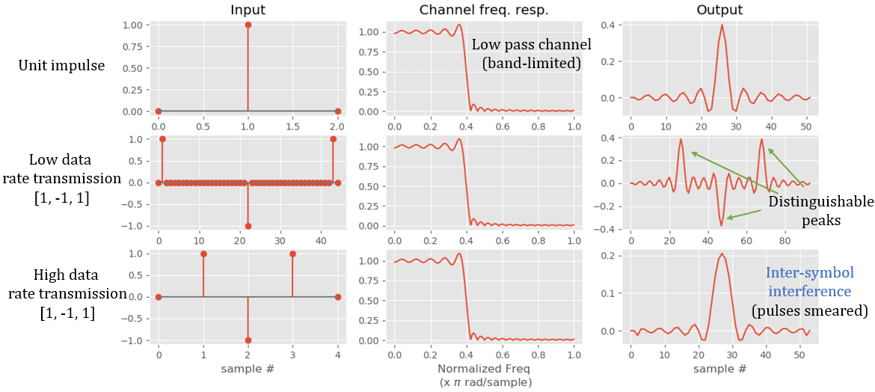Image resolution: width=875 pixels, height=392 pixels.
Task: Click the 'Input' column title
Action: [x=248, y=10]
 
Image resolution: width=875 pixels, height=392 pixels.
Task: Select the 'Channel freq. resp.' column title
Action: [x=483, y=10]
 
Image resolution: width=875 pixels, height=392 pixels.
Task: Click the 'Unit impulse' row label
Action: [x=61, y=66]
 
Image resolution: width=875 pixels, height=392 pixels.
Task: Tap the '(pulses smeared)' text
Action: [x=809, y=310]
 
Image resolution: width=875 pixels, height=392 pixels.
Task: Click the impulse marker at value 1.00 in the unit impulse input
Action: [x=248, y=25]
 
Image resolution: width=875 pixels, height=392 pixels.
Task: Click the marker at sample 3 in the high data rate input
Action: [x=292, y=254]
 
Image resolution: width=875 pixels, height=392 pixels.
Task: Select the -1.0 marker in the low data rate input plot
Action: [x=248, y=226]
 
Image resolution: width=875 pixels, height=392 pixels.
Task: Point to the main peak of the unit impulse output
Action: [x=722, y=25]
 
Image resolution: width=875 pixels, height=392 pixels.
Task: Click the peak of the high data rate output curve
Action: [x=722, y=254]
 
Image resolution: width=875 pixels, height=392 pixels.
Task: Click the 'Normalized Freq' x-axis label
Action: [x=483, y=369]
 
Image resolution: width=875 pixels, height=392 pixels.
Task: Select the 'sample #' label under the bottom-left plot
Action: [x=248, y=369]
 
